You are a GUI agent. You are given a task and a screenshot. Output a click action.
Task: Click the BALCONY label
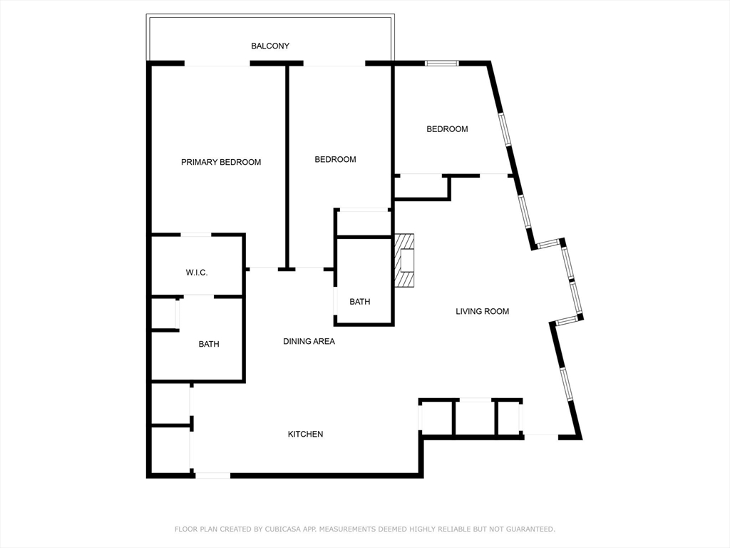coord(270,46)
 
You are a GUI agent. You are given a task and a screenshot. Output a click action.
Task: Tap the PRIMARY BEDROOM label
coord(221,162)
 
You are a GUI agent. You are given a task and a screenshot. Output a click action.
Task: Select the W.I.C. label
coord(197,273)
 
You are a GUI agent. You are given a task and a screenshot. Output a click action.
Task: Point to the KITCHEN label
coord(305,434)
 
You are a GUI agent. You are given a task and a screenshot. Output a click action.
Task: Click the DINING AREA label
coord(309,342)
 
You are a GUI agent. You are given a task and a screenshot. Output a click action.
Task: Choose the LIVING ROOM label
coord(483,311)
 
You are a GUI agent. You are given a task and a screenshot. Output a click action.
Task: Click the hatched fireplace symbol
coord(405,260)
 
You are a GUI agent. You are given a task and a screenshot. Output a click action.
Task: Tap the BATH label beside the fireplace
coord(360,302)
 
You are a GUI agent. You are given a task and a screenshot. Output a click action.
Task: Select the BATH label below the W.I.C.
coord(209,344)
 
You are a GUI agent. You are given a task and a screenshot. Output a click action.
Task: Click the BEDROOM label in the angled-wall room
coord(447,129)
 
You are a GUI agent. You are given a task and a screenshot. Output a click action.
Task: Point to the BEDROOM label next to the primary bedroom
coord(335,159)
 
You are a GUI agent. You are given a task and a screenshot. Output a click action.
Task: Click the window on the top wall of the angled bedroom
coord(442,64)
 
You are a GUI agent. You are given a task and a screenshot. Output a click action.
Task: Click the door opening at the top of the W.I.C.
coord(196,234)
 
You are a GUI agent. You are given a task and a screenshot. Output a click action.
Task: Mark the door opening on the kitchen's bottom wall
coord(212,475)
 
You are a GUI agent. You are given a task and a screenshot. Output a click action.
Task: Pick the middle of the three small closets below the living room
coord(474,418)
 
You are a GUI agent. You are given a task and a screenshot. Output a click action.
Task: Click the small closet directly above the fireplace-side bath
coord(363,223)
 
